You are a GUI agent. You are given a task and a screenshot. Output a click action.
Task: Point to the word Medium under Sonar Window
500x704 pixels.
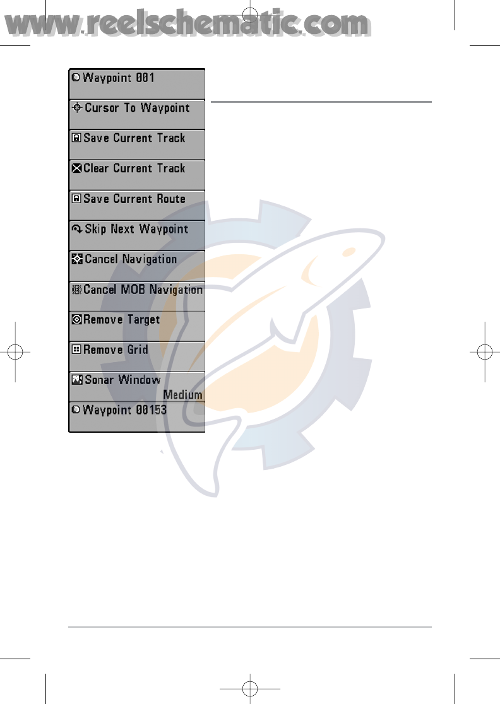point(183,395)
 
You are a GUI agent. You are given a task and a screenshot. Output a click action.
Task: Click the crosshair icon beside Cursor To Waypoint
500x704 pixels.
point(77,108)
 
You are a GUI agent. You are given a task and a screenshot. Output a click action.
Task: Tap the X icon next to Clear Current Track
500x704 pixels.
point(76,168)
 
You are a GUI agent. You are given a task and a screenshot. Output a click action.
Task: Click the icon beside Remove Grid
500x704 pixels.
point(76,350)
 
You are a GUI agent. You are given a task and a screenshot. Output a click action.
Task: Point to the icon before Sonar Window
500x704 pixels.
point(76,380)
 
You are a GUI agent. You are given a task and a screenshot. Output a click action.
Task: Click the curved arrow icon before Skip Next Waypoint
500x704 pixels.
point(77,229)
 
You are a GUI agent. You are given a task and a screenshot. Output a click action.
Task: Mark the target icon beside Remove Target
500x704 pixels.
point(76,320)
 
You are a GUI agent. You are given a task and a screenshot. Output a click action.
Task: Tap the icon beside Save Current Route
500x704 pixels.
point(76,199)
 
